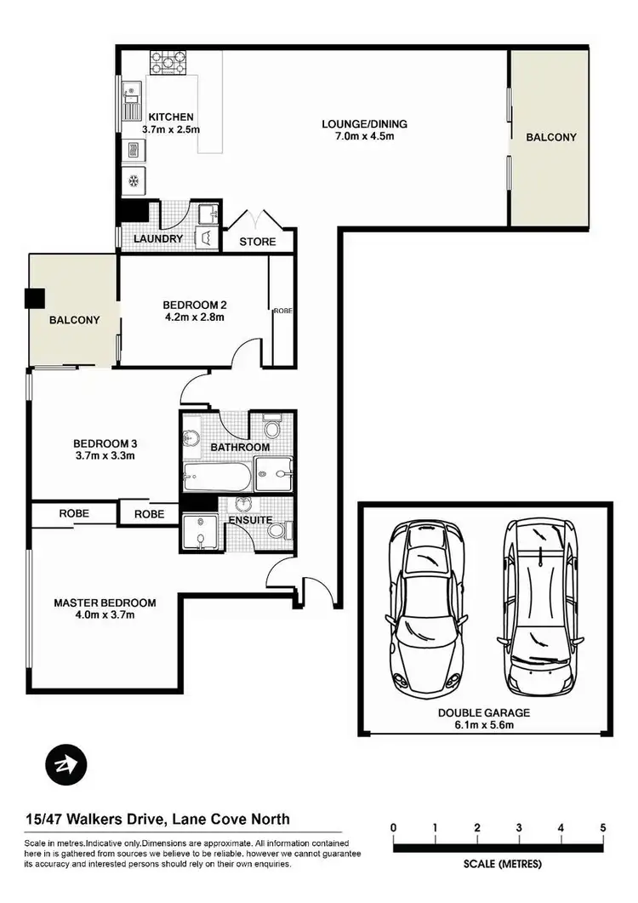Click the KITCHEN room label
(171, 117)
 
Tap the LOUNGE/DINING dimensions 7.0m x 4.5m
(358, 136)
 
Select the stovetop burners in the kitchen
(168, 61)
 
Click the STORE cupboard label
(257, 242)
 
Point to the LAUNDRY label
(158, 239)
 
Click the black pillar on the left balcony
(35, 298)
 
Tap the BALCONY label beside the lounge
(550, 137)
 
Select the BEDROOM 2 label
(194, 305)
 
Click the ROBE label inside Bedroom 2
(282, 311)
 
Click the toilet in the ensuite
(275, 532)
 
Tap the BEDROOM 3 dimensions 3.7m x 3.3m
(105, 456)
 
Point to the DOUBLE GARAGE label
(483, 712)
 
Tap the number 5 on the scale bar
(602, 827)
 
